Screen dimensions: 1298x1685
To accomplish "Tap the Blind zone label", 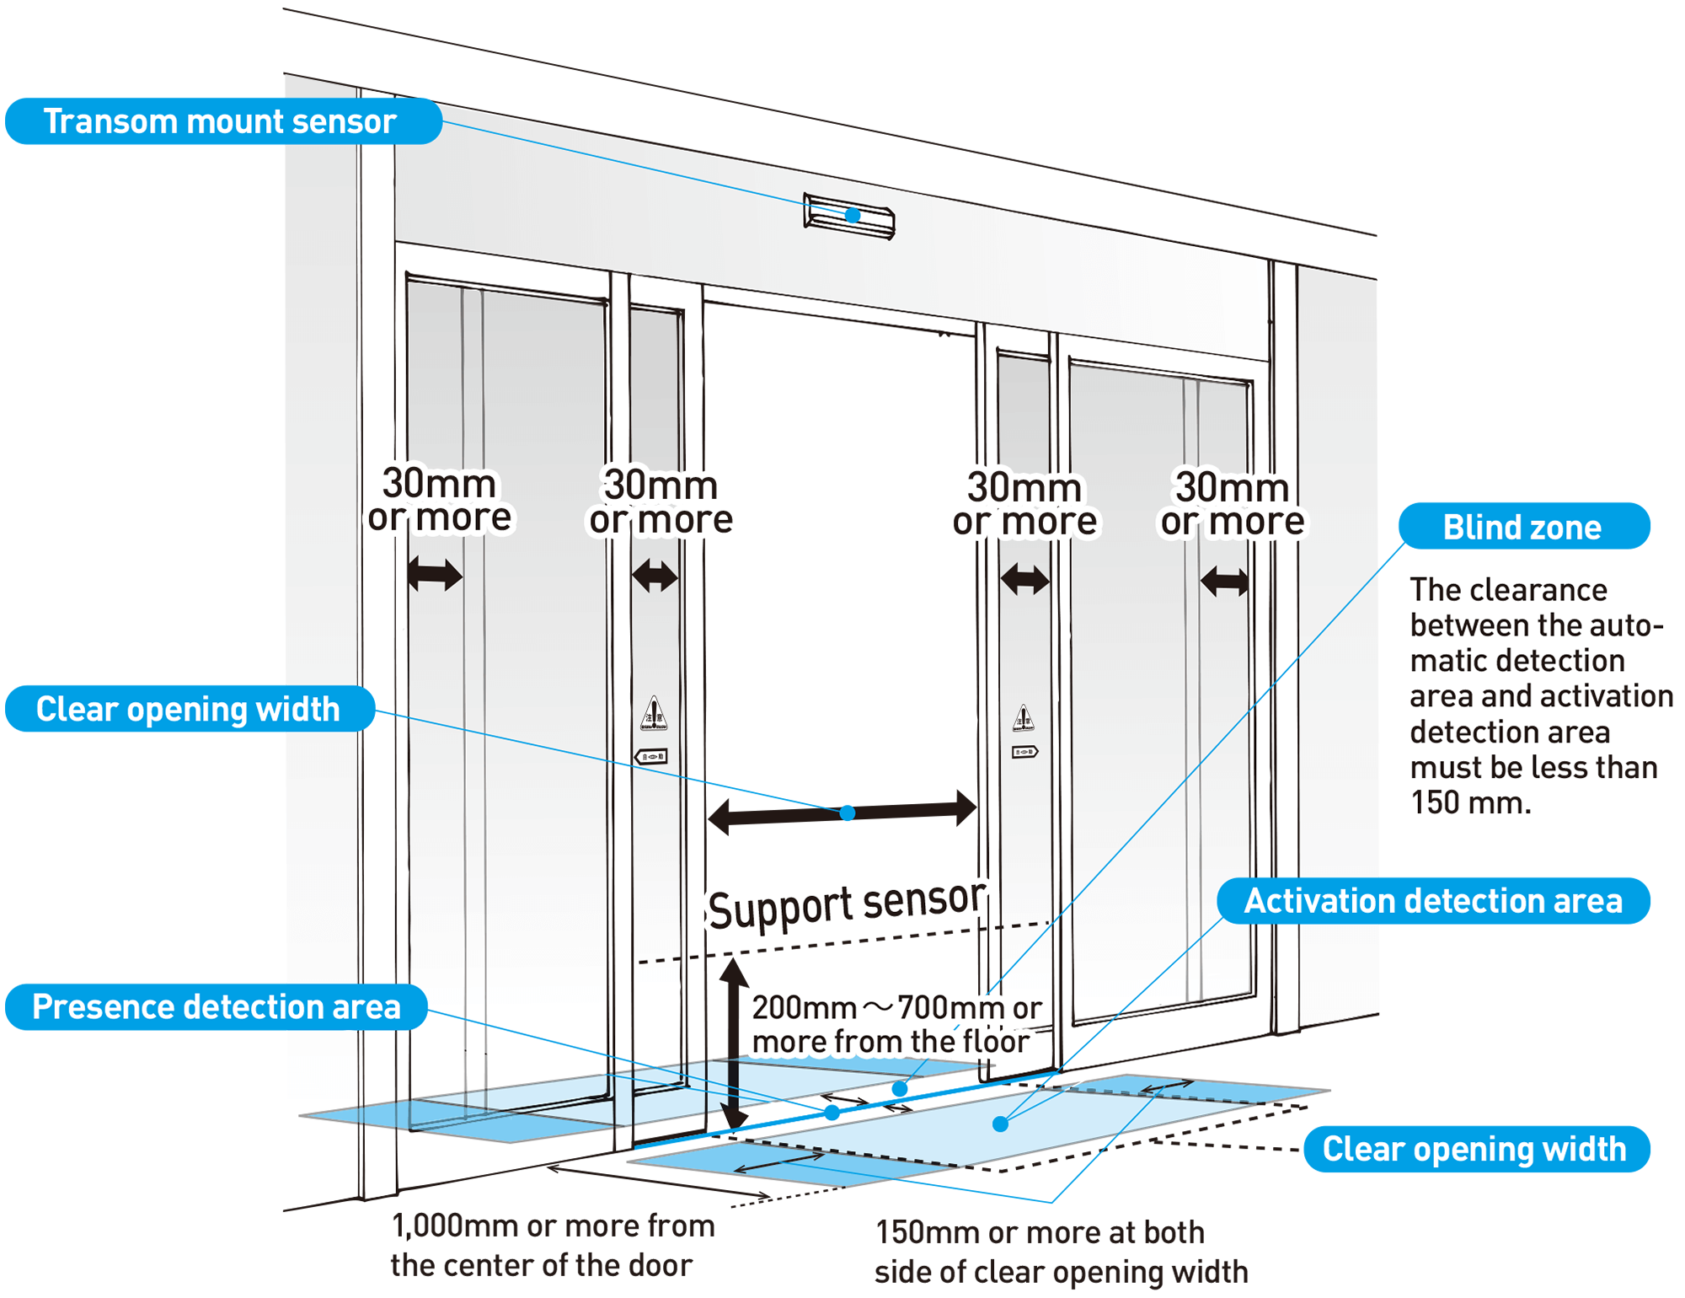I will click(x=1523, y=527).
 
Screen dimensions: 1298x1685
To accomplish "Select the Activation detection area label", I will click(x=1433, y=901).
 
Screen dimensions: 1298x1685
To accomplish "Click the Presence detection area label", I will click(x=216, y=1006).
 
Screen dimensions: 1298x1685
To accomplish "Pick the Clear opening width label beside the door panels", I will click(x=189, y=709).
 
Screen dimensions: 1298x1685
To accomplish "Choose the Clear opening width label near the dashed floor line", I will click(x=1474, y=1149).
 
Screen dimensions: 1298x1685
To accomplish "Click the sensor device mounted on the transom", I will click(x=849, y=216).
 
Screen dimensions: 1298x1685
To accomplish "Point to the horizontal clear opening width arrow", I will click(x=842, y=813).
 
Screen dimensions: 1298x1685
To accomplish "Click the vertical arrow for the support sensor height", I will click(x=735, y=1045).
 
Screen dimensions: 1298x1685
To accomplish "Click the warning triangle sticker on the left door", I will click(x=654, y=713).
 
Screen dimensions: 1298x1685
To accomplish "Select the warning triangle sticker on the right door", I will click(x=1023, y=718).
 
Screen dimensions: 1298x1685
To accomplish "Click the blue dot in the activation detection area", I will click(x=1001, y=1124).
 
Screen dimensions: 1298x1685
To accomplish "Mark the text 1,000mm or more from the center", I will click(x=552, y=1245).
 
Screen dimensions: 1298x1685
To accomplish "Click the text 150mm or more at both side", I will click(x=1061, y=1252).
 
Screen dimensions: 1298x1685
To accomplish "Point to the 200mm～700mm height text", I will click(x=896, y=1024).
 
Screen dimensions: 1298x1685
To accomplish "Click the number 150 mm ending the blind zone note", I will click(x=1470, y=802).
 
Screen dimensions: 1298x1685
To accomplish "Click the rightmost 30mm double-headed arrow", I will click(x=1225, y=581).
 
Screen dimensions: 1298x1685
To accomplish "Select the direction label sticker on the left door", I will click(x=651, y=756).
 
